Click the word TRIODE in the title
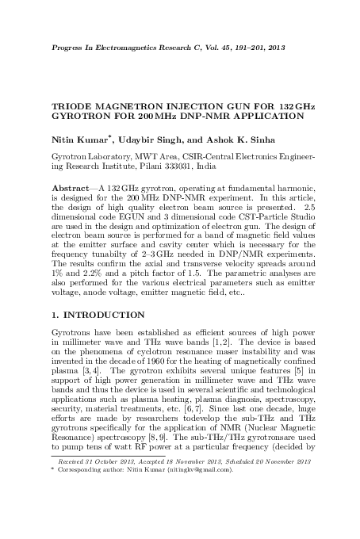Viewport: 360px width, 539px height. click(x=71, y=106)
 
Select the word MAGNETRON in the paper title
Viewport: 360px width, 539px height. click(x=131, y=106)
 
